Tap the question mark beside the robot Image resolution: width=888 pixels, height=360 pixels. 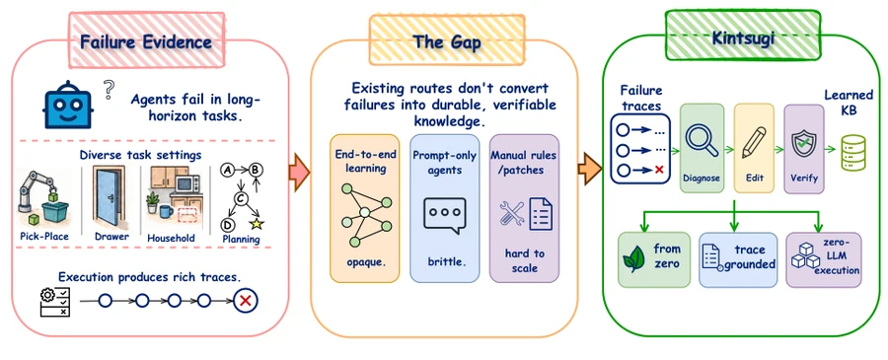(110, 90)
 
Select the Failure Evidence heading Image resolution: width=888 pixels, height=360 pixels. (146, 41)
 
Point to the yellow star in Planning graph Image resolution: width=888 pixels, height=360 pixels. (257, 224)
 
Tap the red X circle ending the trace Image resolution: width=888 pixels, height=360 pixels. (246, 301)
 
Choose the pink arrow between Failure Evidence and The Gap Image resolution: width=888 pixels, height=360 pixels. (299, 171)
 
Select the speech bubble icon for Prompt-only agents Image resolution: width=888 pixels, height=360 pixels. (445, 216)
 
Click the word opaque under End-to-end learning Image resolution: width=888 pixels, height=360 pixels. (363, 262)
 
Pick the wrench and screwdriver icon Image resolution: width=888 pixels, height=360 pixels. (512, 215)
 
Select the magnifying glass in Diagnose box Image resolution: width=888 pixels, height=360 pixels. (702, 139)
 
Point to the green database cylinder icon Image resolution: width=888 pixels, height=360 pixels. (854, 153)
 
